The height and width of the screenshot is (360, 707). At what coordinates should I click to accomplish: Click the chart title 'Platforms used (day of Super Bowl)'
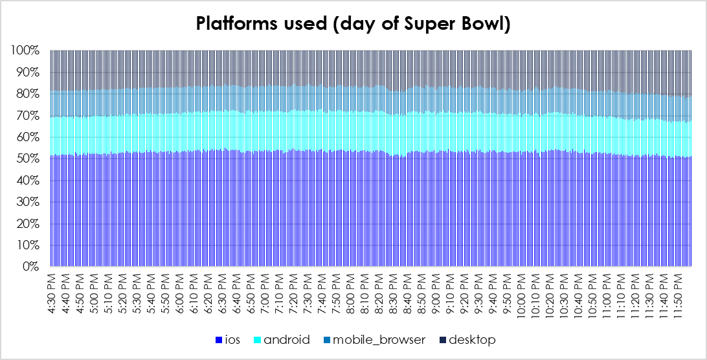pyautogui.click(x=353, y=25)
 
